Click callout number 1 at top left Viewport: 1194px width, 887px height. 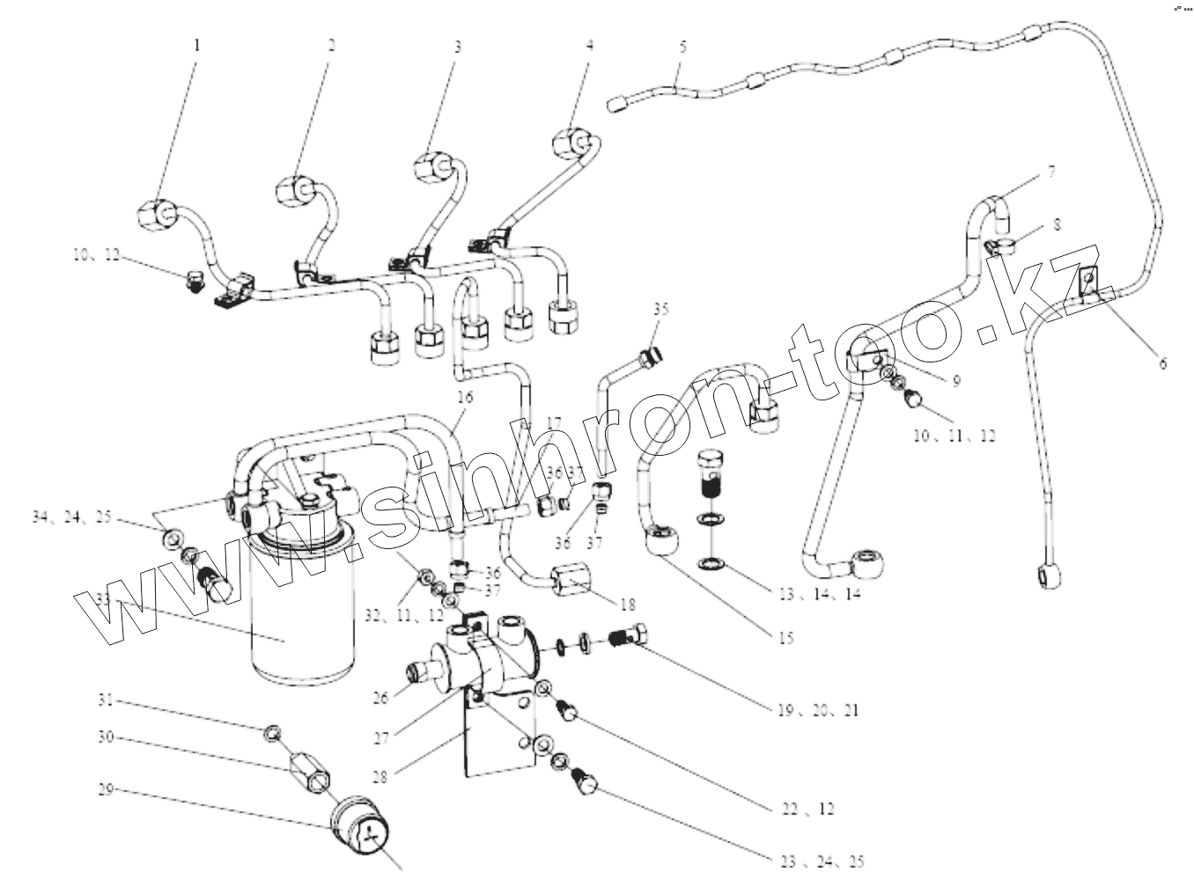(196, 44)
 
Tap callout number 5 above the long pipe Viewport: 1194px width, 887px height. (682, 48)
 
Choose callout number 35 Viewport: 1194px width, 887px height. (660, 309)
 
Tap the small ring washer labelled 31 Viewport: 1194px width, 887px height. (274, 732)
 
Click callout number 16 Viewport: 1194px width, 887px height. (464, 398)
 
